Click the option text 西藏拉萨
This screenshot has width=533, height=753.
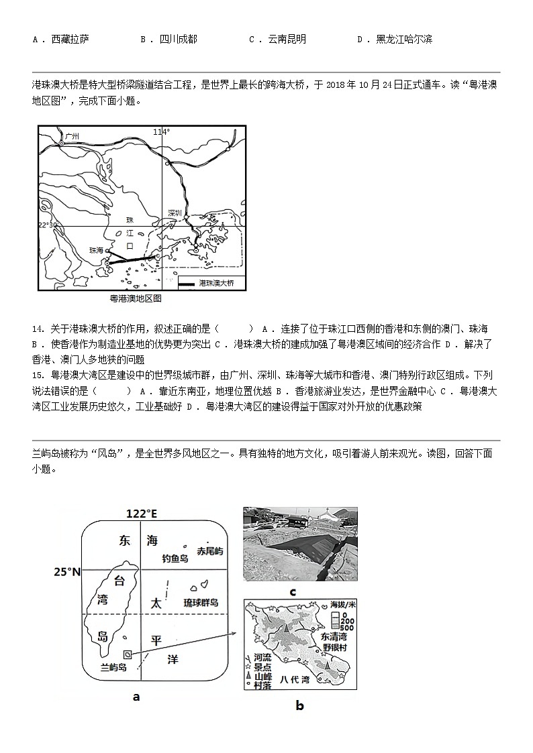[x=70, y=40]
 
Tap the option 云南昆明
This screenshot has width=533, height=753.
[x=287, y=40]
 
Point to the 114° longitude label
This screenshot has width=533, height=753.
[x=161, y=132]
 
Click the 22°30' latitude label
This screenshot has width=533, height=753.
[x=49, y=225]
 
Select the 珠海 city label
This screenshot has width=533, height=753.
[x=97, y=249]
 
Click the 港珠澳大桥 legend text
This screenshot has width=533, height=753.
[x=217, y=284]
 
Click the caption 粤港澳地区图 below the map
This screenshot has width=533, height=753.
[x=136, y=298]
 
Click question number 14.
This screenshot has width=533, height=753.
[x=38, y=329]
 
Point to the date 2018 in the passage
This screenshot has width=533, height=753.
[x=336, y=85]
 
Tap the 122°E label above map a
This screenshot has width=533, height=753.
[x=142, y=514]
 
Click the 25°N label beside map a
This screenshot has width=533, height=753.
[x=67, y=572]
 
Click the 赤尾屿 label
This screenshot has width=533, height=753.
[x=209, y=551]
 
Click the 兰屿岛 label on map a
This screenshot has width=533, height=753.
[x=113, y=667]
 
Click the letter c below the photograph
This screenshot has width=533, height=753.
[x=293, y=591]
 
